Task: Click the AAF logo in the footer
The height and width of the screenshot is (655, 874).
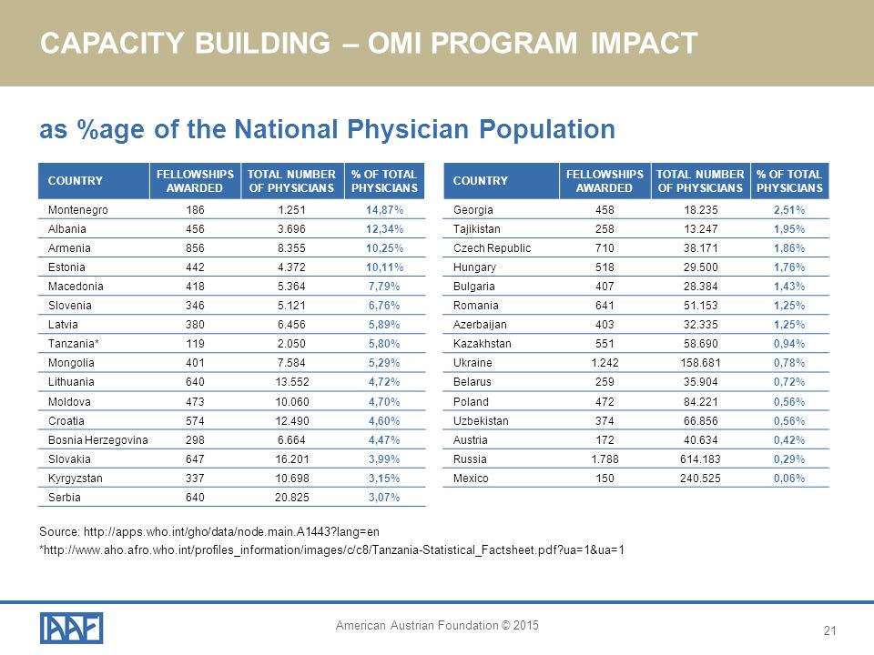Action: point(71,628)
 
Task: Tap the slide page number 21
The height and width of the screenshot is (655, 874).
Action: point(829,630)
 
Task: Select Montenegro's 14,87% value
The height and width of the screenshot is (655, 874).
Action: point(384,210)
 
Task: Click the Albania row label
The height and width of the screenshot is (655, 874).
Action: point(66,229)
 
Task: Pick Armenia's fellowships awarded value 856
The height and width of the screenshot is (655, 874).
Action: point(195,247)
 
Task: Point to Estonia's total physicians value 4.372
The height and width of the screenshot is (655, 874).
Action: point(291,267)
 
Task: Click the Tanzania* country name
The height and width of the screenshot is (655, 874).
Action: point(74,344)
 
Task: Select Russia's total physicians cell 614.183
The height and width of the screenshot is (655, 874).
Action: point(700,458)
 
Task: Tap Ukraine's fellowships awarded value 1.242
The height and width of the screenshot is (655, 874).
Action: point(605,363)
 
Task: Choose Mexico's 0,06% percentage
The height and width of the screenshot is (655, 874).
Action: point(789,478)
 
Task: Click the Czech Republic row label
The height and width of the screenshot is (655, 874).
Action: point(493,247)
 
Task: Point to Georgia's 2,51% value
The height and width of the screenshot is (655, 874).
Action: point(789,210)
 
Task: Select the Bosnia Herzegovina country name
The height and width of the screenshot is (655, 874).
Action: point(98,440)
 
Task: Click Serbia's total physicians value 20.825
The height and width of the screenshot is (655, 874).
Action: point(291,497)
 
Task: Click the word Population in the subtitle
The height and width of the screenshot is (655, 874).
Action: point(547,129)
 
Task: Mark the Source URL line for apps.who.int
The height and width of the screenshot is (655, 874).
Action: point(209,531)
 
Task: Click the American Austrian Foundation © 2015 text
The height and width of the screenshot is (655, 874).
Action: point(437,626)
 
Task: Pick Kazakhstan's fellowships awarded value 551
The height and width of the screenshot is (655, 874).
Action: point(605,344)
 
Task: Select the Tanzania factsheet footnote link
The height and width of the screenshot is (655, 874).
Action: point(331,550)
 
